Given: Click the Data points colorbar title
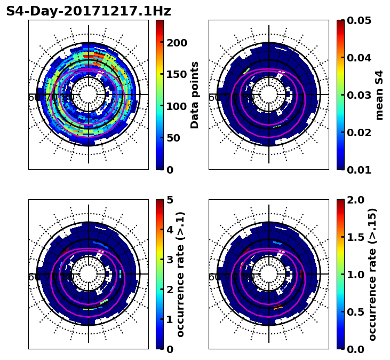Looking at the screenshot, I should point(195,95).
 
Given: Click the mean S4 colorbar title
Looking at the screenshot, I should point(379,95).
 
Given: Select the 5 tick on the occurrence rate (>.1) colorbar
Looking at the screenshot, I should point(170,200).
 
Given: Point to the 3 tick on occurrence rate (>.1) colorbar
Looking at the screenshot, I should point(170,260).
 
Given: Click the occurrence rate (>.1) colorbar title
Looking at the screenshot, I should point(180,275).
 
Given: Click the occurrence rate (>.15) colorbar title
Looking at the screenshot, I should point(372,275).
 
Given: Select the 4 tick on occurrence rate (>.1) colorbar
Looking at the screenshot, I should point(170,230).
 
